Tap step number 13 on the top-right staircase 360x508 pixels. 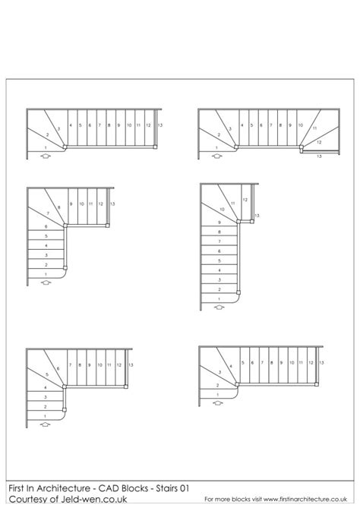pos(319,156)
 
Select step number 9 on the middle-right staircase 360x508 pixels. pos(219,222)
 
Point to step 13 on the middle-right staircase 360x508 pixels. pos(257,216)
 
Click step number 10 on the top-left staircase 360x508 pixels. pos(129,124)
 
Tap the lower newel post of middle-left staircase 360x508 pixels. pos(68,266)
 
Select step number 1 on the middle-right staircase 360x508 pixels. pos(219,299)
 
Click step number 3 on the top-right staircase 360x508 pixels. pos(231,125)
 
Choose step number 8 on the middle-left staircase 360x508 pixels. pos(60,204)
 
